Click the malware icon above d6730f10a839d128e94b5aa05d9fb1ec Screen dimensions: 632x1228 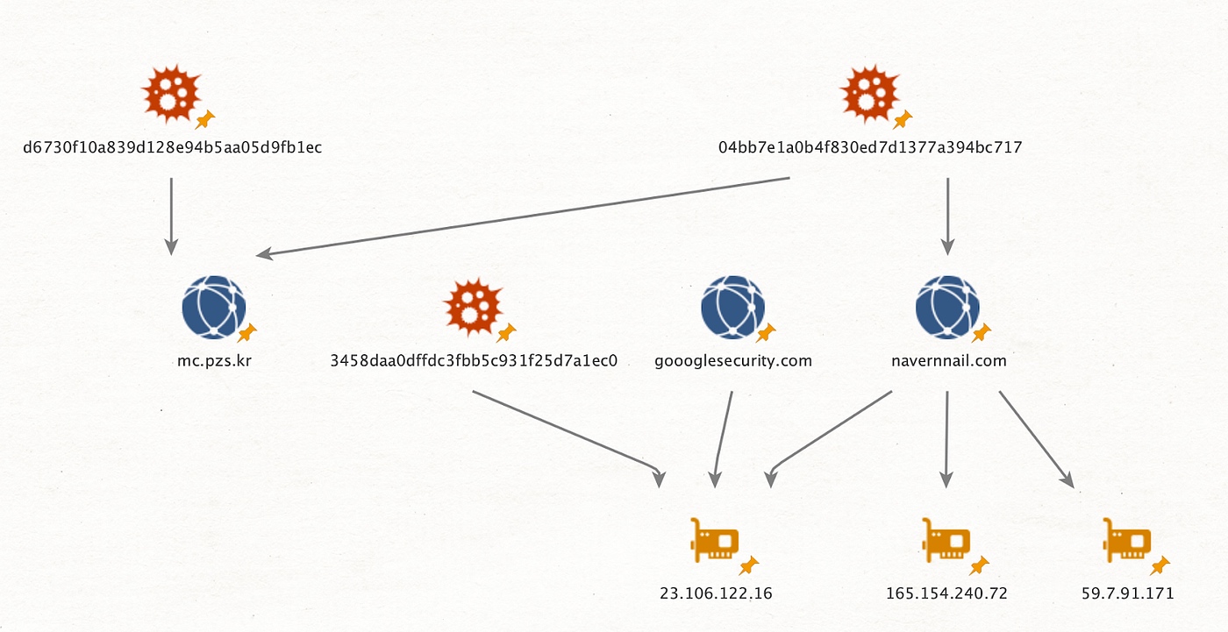[x=172, y=93]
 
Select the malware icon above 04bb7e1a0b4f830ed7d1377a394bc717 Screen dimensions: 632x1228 [x=869, y=93]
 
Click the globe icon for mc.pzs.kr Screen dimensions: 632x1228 [x=213, y=307]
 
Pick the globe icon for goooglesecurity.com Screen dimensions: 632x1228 [x=732, y=307]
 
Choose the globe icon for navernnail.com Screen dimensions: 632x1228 [x=947, y=307]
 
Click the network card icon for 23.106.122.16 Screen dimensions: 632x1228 [x=715, y=540]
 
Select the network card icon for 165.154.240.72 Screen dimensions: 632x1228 [x=946, y=540]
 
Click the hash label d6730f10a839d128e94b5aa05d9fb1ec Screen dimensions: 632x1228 [x=173, y=147]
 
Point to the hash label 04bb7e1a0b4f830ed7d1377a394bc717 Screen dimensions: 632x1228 [x=870, y=147]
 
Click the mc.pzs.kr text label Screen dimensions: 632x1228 [x=214, y=360]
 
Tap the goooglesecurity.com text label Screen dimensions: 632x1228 [x=733, y=360]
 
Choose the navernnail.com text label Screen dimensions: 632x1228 [x=947, y=360]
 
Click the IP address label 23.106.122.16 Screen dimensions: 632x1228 [x=716, y=593]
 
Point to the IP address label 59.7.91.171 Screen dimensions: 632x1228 [x=1127, y=593]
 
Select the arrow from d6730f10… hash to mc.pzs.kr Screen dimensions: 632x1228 [x=171, y=216]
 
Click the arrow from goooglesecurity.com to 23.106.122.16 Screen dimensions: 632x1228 [x=724, y=438]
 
